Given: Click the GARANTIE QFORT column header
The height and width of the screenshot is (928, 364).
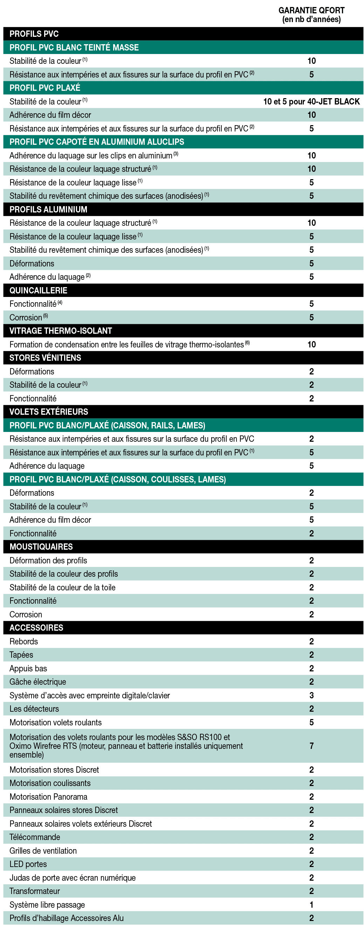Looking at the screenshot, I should tap(311, 15).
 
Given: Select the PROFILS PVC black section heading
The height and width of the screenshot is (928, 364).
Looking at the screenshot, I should tap(34, 34).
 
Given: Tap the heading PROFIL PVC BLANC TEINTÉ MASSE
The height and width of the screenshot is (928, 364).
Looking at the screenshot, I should tap(74, 48).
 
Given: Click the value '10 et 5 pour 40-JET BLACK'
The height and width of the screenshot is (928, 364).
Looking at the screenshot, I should tap(311, 102).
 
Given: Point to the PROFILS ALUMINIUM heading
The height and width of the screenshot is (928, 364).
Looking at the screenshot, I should tap(48, 209).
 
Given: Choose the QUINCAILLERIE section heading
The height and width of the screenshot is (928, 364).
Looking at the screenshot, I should tap(38, 290).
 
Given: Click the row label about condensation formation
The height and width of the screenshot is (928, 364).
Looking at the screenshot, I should tap(126, 344).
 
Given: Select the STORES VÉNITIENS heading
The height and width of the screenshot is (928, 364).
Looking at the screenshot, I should tap(45, 358).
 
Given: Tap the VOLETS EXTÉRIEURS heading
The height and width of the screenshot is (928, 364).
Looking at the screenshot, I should tap(49, 412).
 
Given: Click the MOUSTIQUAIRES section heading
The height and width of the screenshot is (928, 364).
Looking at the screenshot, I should tap(41, 547).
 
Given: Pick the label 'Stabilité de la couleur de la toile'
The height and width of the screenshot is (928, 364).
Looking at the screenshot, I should tap(62, 587).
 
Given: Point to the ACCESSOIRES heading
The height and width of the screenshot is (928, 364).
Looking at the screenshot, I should tap(36, 628).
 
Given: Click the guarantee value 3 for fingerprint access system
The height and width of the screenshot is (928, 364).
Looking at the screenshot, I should tap(311, 695).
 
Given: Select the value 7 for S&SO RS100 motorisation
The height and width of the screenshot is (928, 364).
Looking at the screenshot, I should tap(311, 746).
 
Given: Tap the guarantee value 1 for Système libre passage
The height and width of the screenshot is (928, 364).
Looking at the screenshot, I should tap(311, 904).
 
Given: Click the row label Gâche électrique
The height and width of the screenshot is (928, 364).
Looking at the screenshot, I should tap(38, 682).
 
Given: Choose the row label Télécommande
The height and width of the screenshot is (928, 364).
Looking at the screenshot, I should tap(35, 837).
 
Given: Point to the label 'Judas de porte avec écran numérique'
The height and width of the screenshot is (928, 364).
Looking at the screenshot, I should tap(73, 878).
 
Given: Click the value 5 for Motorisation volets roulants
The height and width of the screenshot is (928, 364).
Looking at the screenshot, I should tap(311, 722).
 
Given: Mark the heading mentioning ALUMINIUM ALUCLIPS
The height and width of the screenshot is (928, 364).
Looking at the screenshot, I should tap(96, 142).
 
